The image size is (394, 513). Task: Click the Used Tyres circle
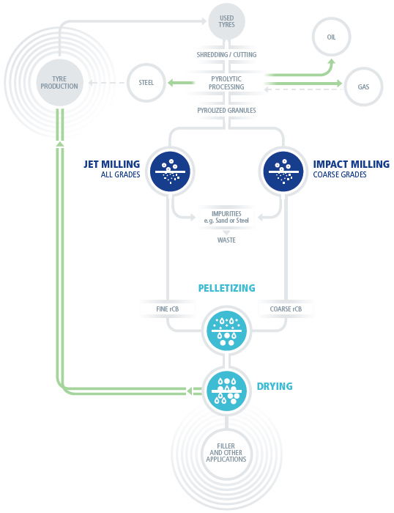point(226,21)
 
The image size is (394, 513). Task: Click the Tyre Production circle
point(59,82)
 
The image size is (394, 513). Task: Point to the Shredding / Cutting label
point(226,55)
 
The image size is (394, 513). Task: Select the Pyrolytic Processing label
point(226,83)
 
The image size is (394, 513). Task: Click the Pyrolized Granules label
point(226,110)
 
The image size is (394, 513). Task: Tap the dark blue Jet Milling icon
point(170,171)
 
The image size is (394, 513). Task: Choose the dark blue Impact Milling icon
point(283,171)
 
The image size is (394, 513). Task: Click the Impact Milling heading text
point(352,164)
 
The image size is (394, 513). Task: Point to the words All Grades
point(120,174)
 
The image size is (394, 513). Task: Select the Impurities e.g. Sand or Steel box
point(226,217)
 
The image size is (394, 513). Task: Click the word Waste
point(226,240)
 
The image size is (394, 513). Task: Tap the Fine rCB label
point(168,309)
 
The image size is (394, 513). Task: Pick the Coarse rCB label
point(286,309)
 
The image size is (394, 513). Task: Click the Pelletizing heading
point(226,288)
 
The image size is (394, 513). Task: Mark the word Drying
point(275,386)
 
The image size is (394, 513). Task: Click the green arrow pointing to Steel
point(181,83)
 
